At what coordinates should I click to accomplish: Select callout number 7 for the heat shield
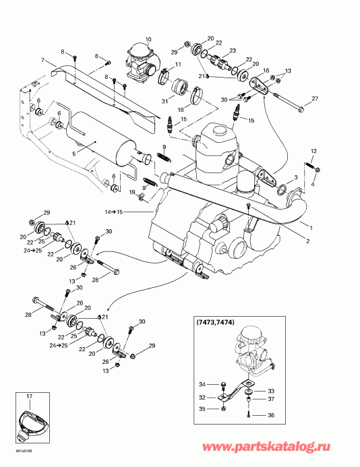coord(42,61)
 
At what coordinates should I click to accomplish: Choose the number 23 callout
coord(232,51)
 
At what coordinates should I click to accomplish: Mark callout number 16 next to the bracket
coord(266,70)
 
